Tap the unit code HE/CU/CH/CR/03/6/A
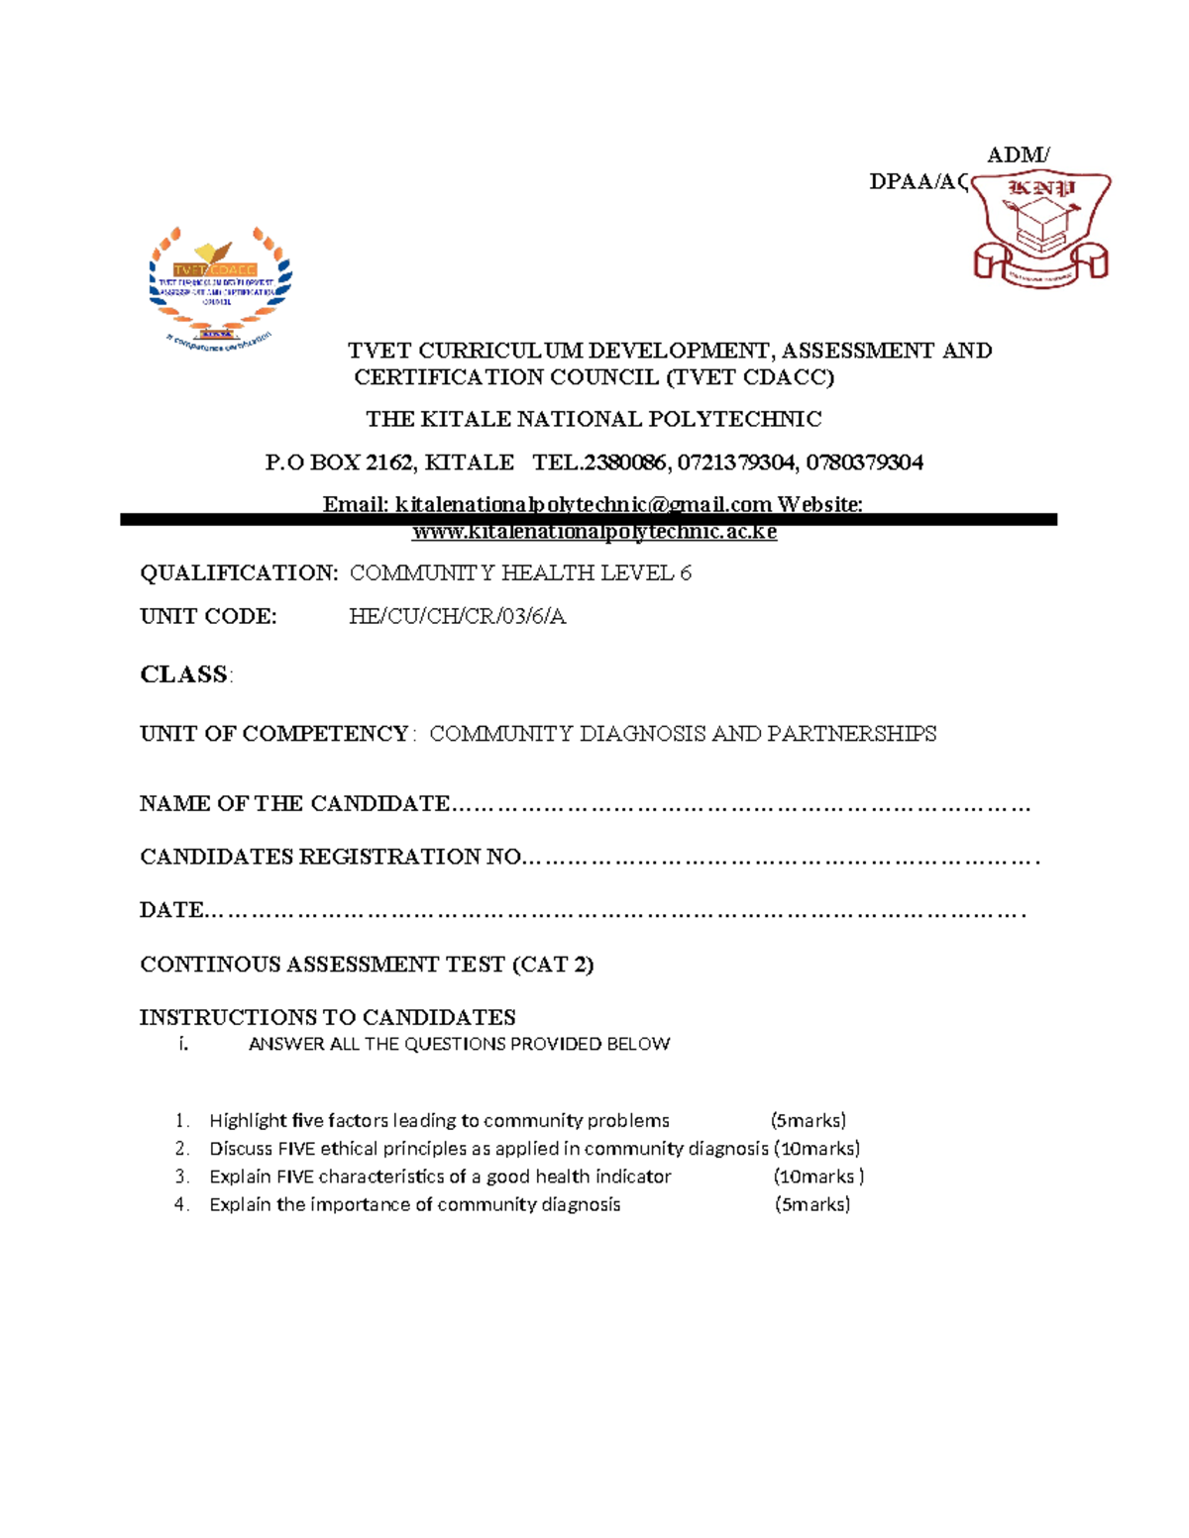pos(457,617)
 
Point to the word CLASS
pos(184,675)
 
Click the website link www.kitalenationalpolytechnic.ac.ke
pos(594,532)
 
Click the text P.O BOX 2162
pos(339,462)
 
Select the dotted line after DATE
pos(614,912)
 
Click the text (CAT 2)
pos(552,965)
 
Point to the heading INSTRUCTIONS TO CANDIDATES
pos(327,1017)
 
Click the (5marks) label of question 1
pos(809,1121)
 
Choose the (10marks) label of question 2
pos(817,1149)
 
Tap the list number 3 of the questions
pos(181,1177)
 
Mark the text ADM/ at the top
pos(1018,154)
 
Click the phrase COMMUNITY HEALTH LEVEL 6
pos(520,573)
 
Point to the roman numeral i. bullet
pos(183,1044)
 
